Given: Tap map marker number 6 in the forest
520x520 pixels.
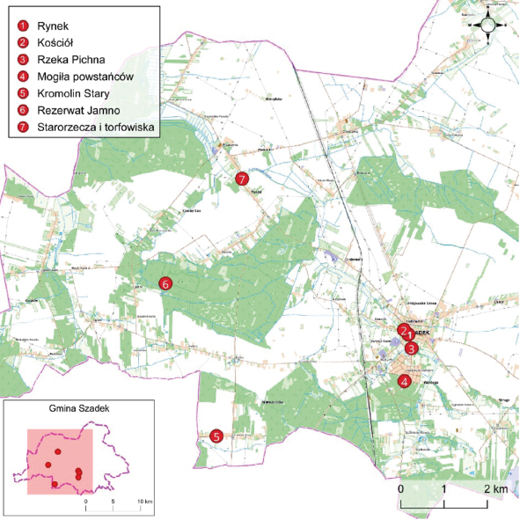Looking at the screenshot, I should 164,283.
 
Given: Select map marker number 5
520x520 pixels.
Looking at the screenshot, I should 216,436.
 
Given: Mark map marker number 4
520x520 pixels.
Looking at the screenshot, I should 403,381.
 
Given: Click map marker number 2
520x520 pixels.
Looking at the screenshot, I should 402,331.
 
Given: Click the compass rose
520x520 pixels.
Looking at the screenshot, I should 487,25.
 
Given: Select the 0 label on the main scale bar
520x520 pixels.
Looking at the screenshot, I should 400,488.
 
